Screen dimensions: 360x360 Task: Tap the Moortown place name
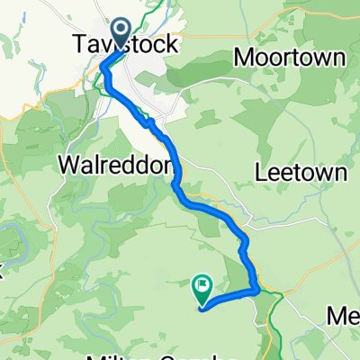(x=289, y=58)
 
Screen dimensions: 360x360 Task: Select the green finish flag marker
(x=201, y=290)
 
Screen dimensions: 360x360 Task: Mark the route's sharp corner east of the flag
(x=259, y=290)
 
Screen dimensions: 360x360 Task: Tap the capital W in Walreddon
(x=67, y=166)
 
